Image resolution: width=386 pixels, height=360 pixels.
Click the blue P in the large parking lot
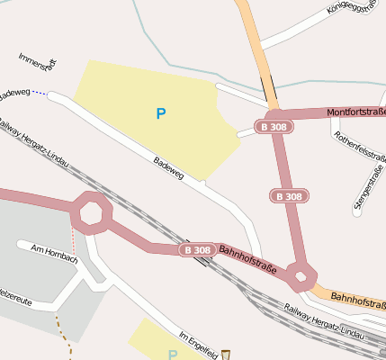tap(161, 113)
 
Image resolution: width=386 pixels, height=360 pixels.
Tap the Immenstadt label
tap(38, 62)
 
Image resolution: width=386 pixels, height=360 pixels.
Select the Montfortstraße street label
tap(355, 112)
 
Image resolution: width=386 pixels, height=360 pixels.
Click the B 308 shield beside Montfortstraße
tap(273, 127)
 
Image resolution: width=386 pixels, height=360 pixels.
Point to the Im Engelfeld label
tap(199, 344)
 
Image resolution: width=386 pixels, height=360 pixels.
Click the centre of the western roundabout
tap(92, 213)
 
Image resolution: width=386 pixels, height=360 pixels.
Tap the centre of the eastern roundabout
tap(300, 274)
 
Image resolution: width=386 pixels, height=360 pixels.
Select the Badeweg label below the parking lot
tap(168, 168)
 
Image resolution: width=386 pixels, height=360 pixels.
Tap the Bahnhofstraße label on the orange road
tap(358, 298)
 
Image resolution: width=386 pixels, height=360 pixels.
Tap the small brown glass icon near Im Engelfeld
tap(226, 355)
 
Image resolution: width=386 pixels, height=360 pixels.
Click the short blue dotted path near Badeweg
tap(40, 94)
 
